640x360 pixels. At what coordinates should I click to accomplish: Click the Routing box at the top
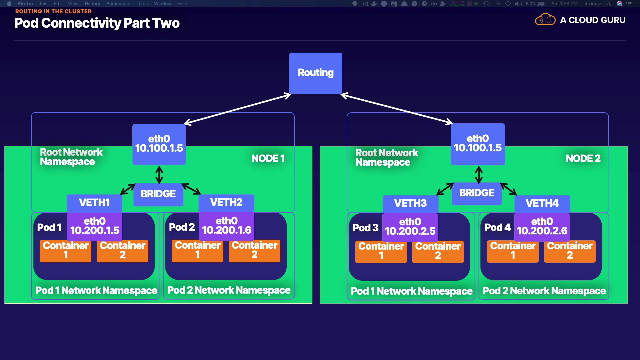[x=315, y=73]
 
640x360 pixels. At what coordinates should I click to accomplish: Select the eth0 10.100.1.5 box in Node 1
[x=159, y=144]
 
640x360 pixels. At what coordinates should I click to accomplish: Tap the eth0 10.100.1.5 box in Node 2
[x=478, y=144]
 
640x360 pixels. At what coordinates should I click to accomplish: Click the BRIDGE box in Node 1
[x=158, y=194]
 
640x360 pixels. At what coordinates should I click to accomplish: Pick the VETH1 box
[x=94, y=203]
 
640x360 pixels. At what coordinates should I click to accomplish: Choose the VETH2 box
[x=226, y=202]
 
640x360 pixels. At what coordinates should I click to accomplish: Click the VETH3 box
[x=410, y=203]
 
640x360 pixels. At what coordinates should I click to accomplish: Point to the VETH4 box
[x=542, y=203]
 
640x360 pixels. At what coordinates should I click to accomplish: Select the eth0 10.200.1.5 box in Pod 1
[x=95, y=226]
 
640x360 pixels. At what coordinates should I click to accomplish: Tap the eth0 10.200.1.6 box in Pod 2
[x=227, y=226]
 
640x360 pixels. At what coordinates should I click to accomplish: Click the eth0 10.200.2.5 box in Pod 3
[x=410, y=227]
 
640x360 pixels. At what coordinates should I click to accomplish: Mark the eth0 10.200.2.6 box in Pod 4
[x=542, y=227]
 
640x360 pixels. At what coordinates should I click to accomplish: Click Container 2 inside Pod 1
[x=122, y=251]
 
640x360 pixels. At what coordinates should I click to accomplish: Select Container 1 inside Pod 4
[x=513, y=251]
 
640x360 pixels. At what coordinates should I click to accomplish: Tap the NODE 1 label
[x=268, y=159]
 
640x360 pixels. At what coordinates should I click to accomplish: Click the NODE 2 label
[x=583, y=159]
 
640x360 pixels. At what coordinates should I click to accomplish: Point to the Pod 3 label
[x=365, y=228]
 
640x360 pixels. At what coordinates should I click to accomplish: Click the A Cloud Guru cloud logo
[x=545, y=20]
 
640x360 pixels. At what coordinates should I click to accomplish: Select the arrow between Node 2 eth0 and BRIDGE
[x=479, y=175]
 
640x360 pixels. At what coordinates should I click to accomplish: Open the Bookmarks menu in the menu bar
[x=118, y=4]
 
